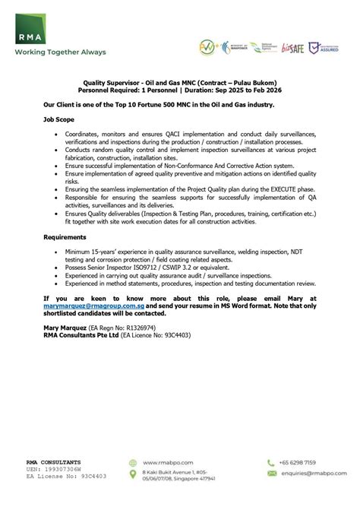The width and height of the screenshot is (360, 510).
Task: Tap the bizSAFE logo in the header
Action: [291, 47]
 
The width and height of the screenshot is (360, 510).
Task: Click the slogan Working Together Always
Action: [58, 52]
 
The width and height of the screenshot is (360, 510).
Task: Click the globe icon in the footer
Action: [134, 462]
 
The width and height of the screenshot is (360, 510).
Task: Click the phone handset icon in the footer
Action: [270, 462]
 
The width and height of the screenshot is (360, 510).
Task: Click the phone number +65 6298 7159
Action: [298, 462]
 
